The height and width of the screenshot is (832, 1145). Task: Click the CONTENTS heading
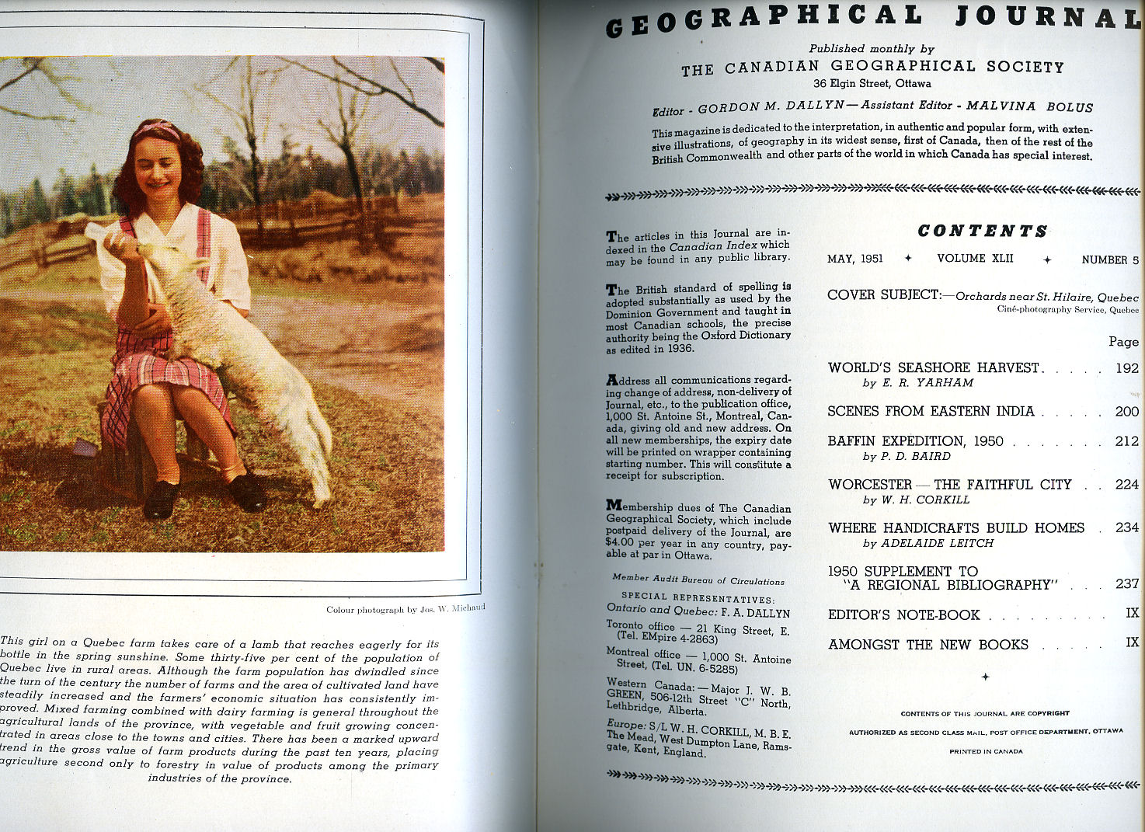pyautogui.click(x=983, y=231)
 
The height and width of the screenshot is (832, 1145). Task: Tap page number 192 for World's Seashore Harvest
pyautogui.click(x=1126, y=368)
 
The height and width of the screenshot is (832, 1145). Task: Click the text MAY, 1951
pyautogui.click(x=854, y=259)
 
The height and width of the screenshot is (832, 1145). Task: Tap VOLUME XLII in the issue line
pyautogui.click(x=975, y=259)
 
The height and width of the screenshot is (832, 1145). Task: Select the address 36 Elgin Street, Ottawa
pyautogui.click(x=872, y=84)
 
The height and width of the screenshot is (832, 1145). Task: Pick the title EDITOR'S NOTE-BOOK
pyautogui.click(x=904, y=615)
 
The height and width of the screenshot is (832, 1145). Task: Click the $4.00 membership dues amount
pyautogui.click(x=621, y=545)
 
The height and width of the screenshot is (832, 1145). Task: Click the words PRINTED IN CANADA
pyautogui.click(x=986, y=752)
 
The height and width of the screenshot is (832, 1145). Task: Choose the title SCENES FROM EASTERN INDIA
pyautogui.click(x=931, y=412)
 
